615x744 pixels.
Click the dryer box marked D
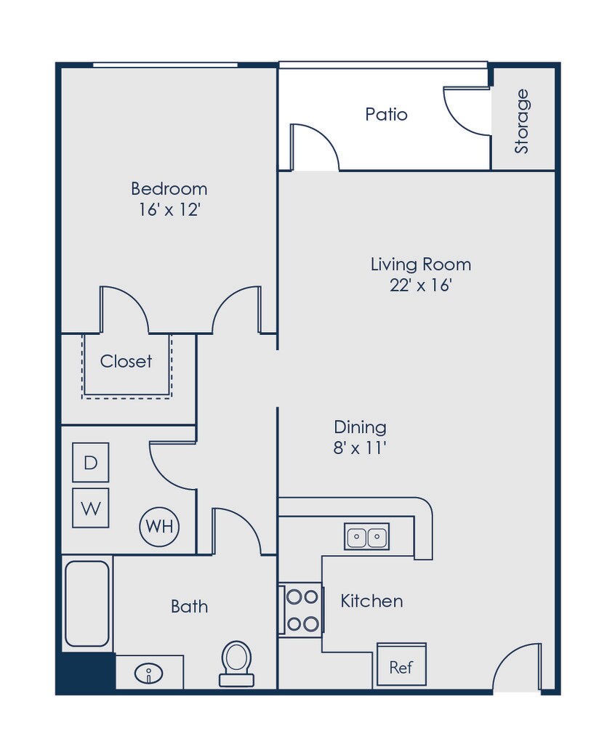[x=91, y=462]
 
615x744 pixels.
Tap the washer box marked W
[x=91, y=508]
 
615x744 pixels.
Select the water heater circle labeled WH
[x=159, y=526]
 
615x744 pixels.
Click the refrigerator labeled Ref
[x=401, y=666]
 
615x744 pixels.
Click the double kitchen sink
[x=367, y=537]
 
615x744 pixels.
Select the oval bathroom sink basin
[x=149, y=673]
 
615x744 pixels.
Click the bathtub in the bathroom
[x=87, y=603]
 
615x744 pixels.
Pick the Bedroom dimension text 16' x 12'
[x=169, y=211]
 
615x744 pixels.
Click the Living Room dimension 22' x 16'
[x=421, y=286]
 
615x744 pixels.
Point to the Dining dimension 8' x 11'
[x=360, y=448]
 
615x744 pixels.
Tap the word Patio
[x=386, y=114]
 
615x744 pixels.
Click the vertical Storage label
[x=522, y=121]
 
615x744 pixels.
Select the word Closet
[x=126, y=361]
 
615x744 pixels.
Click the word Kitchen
[x=371, y=601]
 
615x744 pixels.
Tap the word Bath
[x=189, y=606]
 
